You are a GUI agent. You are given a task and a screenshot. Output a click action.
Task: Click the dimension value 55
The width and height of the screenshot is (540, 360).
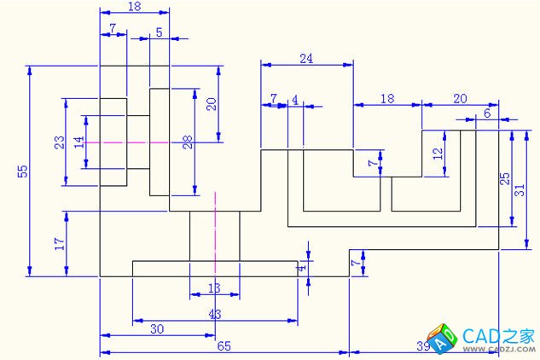coord(23,171)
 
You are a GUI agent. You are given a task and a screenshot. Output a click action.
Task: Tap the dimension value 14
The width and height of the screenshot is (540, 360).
coord(79,142)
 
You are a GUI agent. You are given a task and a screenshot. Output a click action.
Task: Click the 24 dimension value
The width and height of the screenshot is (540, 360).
coord(306,59)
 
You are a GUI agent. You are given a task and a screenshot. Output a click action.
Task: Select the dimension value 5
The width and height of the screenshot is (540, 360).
coord(159,32)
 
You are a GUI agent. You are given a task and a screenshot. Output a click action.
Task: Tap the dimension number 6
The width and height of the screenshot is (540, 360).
coord(487,113)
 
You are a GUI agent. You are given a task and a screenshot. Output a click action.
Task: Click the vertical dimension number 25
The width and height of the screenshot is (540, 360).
coord(505,179)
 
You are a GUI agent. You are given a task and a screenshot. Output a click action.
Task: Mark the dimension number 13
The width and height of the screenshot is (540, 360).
coord(214,288)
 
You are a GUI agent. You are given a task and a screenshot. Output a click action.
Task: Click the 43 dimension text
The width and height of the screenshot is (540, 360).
coord(214,314)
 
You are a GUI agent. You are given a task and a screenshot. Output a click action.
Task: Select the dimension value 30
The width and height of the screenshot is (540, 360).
coord(157,328)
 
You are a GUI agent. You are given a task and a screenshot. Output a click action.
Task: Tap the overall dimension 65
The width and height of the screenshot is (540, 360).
coord(224,345)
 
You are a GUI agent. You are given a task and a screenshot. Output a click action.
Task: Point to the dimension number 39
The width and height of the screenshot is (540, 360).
coord(422,345)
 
